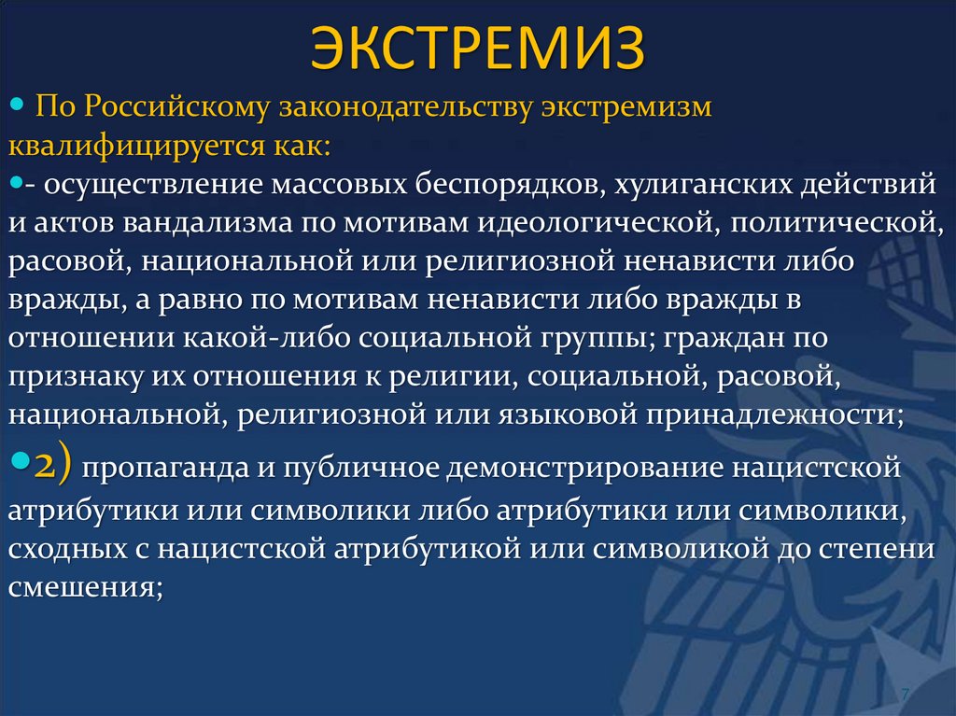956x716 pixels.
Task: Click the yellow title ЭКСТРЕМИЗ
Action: coord(477,49)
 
